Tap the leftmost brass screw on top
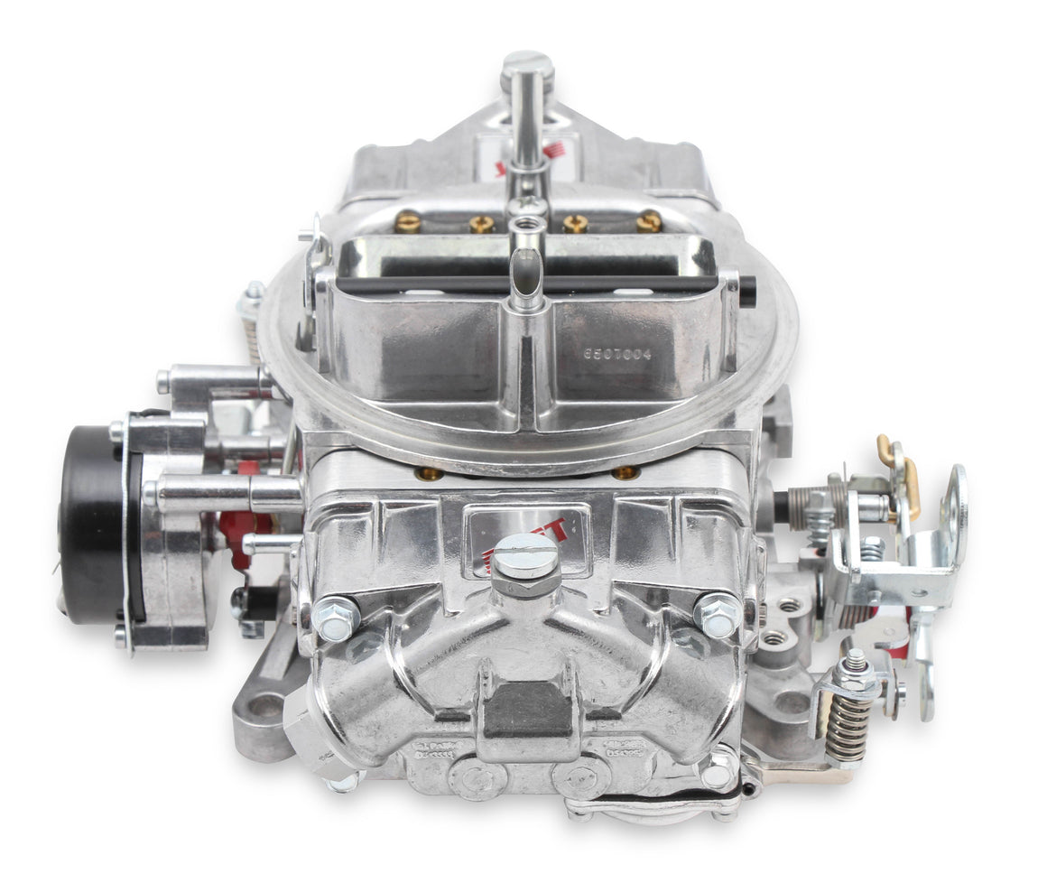[409, 220]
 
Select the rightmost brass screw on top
[649, 220]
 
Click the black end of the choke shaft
[747, 291]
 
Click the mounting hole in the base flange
[264, 707]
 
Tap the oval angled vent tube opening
[526, 272]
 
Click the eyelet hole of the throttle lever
[954, 492]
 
